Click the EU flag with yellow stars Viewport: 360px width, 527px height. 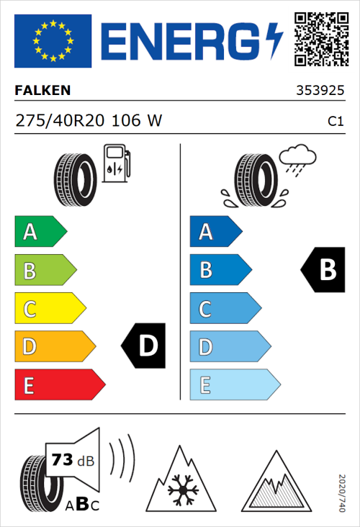click(53, 41)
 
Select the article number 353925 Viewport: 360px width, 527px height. click(320, 91)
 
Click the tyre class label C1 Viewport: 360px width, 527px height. click(335, 122)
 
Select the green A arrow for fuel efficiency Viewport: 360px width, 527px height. click(40, 232)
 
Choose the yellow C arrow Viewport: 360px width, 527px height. click(49, 309)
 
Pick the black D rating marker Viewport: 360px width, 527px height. click(143, 346)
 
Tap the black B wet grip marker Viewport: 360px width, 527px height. click(323, 270)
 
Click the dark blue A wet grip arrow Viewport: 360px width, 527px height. click(215, 232)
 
